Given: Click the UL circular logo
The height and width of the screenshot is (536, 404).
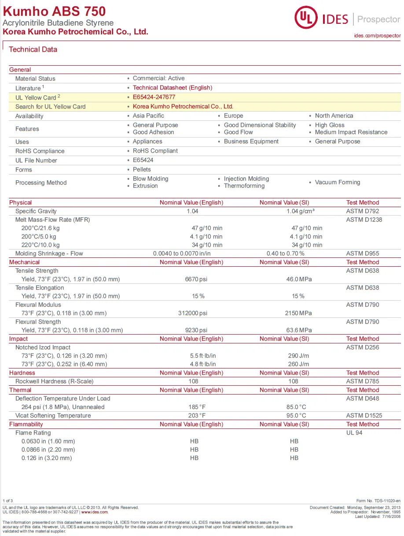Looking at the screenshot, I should coord(307,18).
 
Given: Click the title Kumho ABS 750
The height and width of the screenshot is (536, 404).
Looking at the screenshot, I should coord(54,11).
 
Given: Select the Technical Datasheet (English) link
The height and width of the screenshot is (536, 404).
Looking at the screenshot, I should coord(172,88).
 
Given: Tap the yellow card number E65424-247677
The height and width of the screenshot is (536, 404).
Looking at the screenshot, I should coord(154,97).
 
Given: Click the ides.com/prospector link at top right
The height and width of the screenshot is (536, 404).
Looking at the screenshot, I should coord(377,35).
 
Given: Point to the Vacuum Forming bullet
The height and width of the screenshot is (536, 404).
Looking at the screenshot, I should coord(337,182).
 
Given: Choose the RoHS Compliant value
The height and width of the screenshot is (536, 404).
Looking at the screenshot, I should coord(155,151).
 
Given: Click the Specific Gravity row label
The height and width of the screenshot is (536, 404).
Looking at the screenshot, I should coord(36,211).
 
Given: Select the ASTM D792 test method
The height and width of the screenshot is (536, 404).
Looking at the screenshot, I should coord(362,211).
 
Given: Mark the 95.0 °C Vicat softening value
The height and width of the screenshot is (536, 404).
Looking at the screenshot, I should coord(296,416).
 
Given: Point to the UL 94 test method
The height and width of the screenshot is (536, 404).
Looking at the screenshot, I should coord(354,433).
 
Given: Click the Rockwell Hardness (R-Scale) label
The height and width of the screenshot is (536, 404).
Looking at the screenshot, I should coord(55,381).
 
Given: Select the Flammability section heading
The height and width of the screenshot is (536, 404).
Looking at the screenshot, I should coord(26,424).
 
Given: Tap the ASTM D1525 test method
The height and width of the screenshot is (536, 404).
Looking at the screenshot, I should coord(364,416).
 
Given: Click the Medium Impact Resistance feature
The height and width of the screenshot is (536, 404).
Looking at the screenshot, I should coord(351,132).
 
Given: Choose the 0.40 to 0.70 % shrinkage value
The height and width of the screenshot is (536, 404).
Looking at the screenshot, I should coord(285,253).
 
